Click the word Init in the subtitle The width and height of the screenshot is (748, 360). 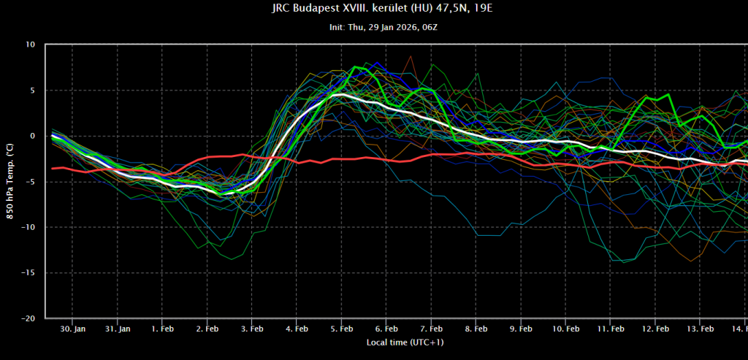(x=337, y=27)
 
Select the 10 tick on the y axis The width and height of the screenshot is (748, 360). (x=30, y=45)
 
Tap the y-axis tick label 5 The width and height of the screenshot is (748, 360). (x=32, y=91)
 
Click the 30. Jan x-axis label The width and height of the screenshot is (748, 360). (x=73, y=329)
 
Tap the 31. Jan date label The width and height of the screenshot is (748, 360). (x=118, y=329)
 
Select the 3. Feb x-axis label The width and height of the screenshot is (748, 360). (x=251, y=329)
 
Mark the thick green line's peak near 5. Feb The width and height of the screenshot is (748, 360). (x=355, y=67)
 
